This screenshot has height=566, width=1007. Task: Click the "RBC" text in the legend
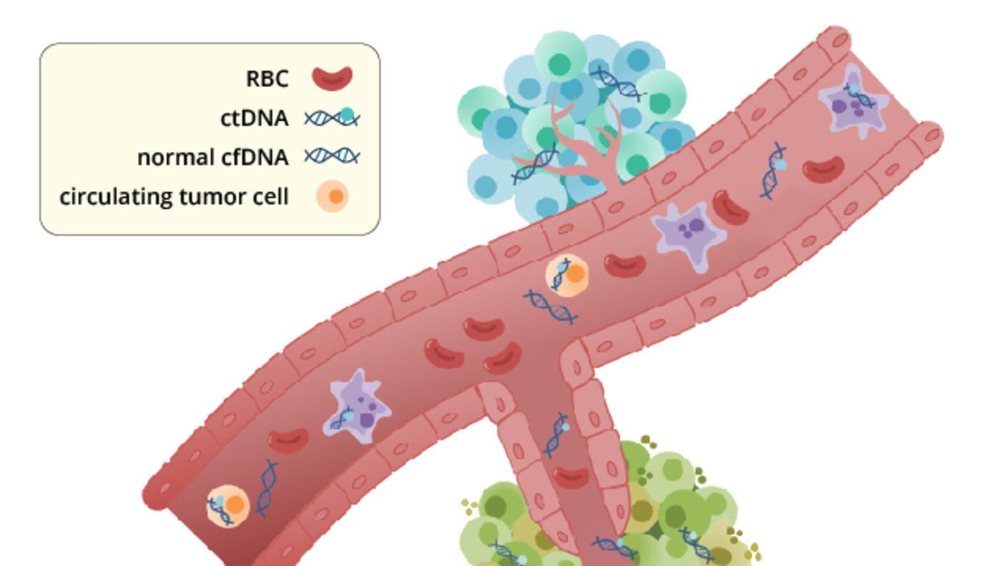tap(267, 79)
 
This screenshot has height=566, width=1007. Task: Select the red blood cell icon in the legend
tap(333, 78)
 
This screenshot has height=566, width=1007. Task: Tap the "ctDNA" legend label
tap(254, 119)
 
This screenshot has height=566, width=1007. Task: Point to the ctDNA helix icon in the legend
tap(332, 117)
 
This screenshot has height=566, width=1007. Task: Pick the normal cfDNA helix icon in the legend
tap(332, 156)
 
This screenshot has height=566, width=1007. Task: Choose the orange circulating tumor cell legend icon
tap(333, 196)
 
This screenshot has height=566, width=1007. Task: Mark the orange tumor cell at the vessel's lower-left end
tap(228, 506)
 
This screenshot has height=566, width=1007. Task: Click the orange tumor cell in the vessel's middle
tap(567, 275)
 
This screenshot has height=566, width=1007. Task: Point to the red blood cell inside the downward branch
tap(571, 476)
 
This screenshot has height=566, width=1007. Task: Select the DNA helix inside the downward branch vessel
tap(556, 435)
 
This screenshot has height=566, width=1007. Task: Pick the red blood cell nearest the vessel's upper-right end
tap(823, 170)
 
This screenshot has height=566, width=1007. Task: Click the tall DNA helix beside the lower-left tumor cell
tap(266, 488)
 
